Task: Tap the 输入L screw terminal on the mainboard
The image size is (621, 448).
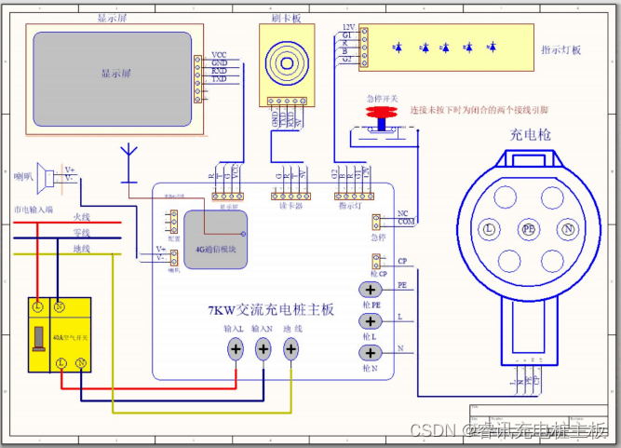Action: (x=236, y=349)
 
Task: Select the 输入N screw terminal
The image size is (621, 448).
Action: (x=263, y=349)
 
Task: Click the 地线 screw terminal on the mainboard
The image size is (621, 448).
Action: (x=291, y=349)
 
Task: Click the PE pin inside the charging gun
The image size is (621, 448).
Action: (x=529, y=228)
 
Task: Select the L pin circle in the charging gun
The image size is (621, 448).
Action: (x=487, y=228)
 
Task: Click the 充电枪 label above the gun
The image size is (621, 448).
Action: (x=530, y=136)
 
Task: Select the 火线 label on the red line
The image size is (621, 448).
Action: (x=82, y=216)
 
